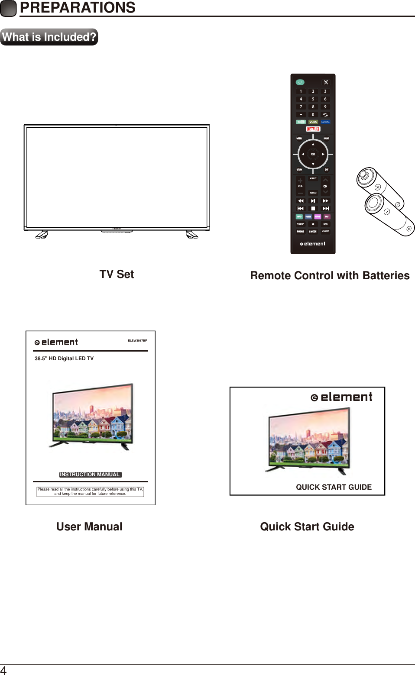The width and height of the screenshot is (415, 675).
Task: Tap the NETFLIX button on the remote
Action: point(313,129)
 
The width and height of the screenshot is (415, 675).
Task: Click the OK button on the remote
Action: point(313,154)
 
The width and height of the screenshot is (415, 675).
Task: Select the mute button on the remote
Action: point(326,82)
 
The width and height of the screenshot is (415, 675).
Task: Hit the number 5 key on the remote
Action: point(313,99)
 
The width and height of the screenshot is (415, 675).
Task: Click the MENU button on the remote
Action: point(299,139)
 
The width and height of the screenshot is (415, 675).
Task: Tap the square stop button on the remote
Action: point(313,209)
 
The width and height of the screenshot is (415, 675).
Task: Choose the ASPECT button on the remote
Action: point(313,178)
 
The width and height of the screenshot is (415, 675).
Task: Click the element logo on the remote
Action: point(313,244)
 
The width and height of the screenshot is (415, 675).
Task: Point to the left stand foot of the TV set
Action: point(42,235)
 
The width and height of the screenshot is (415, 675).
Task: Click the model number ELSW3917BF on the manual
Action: point(137,341)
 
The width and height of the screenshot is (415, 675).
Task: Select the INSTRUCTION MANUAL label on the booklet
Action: point(90,475)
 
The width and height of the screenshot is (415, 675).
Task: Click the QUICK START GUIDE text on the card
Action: point(334,487)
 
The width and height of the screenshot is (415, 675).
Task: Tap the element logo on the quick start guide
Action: point(342,397)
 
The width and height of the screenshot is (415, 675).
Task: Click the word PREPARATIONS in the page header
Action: point(78,8)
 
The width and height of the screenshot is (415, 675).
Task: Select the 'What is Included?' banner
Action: point(49,37)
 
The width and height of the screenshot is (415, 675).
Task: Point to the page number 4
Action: point(3,670)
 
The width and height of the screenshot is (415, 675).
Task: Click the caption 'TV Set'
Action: point(117,275)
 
